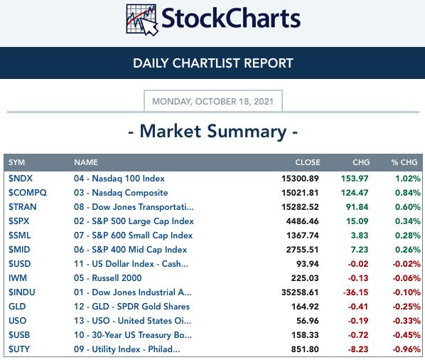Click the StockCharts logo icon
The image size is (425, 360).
click(x=141, y=20)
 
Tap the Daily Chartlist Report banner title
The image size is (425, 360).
click(x=213, y=63)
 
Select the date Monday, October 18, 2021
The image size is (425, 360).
click(x=212, y=102)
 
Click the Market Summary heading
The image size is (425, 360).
click(x=213, y=132)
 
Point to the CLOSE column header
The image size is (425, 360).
click(x=308, y=162)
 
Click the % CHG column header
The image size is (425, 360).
click(x=404, y=162)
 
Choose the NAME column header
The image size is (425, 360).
click(x=86, y=162)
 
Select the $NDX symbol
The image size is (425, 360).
click(x=21, y=179)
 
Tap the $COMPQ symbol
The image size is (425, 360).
click(x=28, y=193)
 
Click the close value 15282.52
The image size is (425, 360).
click(x=300, y=207)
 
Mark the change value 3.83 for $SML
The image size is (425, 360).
click(x=360, y=235)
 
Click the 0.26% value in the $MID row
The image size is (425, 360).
click(x=408, y=250)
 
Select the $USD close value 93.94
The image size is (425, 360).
click(x=307, y=264)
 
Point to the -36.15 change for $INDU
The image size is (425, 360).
click(x=355, y=292)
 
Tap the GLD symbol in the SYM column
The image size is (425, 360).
click(x=17, y=307)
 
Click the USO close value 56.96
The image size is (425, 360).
click(x=307, y=321)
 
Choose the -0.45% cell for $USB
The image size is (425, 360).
click(x=407, y=335)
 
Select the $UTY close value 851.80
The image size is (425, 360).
click(x=305, y=349)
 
